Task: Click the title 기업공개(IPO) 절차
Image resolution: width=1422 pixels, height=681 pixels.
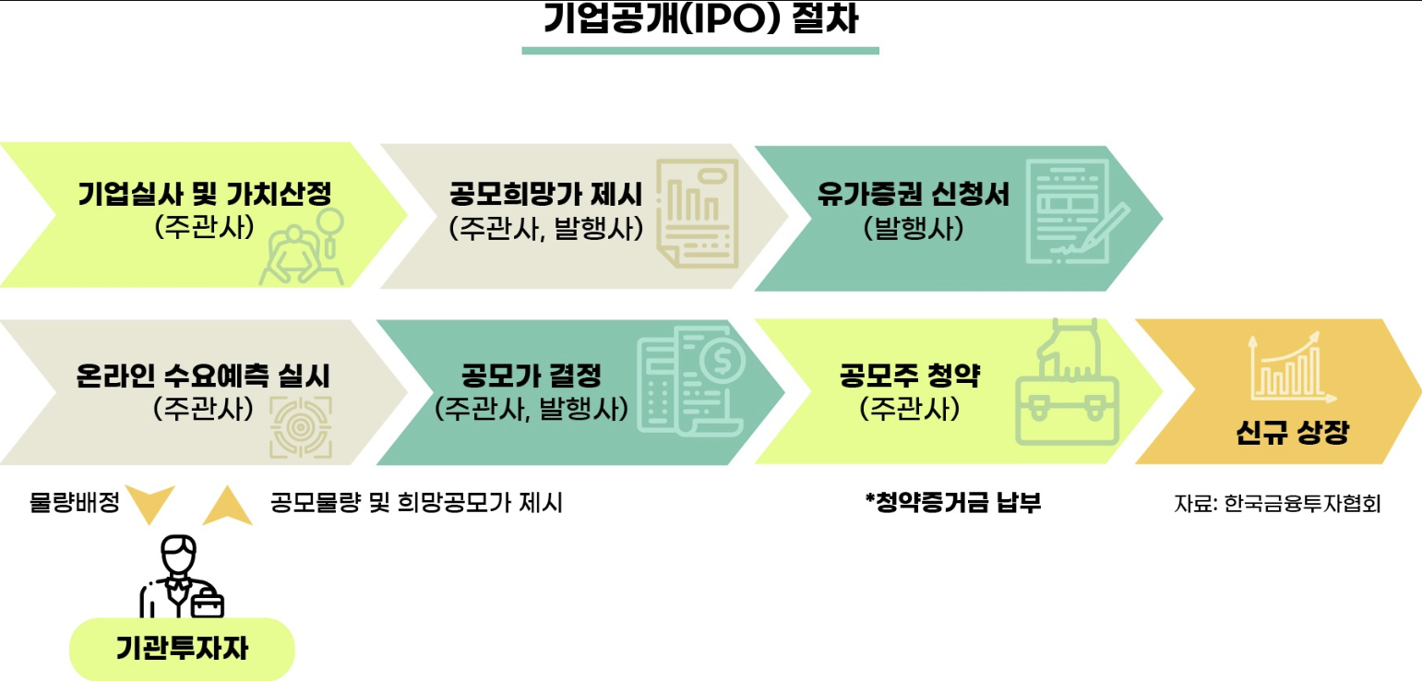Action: coord(700,19)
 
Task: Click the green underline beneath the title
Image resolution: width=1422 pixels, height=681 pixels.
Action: coord(700,50)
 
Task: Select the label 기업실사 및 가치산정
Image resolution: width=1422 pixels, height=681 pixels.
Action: coord(204,195)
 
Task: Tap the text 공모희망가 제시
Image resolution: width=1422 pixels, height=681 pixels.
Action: coord(545,195)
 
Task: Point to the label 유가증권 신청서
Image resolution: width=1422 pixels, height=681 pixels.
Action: coord(913,195)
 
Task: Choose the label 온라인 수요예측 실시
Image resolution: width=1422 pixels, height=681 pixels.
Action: coord(203,376)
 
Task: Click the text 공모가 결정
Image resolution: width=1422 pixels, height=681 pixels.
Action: coord(531,376)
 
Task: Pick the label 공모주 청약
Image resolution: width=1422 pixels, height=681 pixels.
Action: coord(909,376)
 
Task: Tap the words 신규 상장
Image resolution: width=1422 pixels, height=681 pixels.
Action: coord(1291,434)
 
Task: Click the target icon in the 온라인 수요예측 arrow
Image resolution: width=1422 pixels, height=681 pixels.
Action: coord(300,427)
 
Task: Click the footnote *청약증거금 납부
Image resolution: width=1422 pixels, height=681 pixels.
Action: coord(952,503)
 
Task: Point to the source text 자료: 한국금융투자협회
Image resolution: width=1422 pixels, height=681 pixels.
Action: coord(1277,504)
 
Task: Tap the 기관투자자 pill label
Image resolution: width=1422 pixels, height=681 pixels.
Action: coord(182,649)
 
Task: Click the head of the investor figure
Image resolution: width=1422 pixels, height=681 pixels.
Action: coord(178,554)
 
